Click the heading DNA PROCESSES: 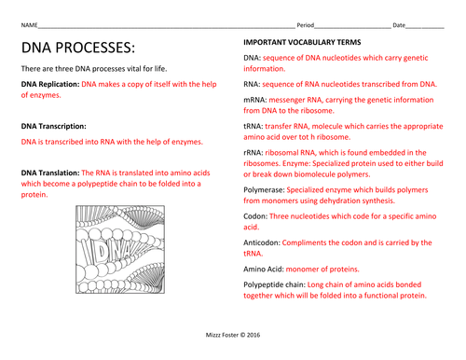pyautogui.click(x=78, y=48)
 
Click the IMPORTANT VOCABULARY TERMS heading pyautogui.click(x=302, y=42)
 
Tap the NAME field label pyautogui.click(x=29, y=25)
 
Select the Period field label pyautogui.click(x=306, y=25)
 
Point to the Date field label pyautogui.click(x=399, y=25)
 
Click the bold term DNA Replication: pyautogui.click(x=50, y=84)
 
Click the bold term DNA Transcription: pyautogui.click(x=54, y=126)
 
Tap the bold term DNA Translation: pyautogui.click(x=50, y=173)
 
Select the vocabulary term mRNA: pyautogui.click(x=255, y=100)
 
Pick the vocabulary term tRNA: pyautogui.click(x=254, y=126)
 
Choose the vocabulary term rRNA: pyautogui.click(x=254, y=153)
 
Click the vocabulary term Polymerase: pyautogui.click(x=264, y=190)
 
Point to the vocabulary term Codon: pyautogui.click(x=255, y=216)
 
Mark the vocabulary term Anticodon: pyautogui.click(x=262, y=242)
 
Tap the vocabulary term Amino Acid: pyautogui.click(x=264, y=270)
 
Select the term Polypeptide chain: pyautogui.click(x=274, y=284)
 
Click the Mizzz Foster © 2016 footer pyautogui.click(x=233, y=335)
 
